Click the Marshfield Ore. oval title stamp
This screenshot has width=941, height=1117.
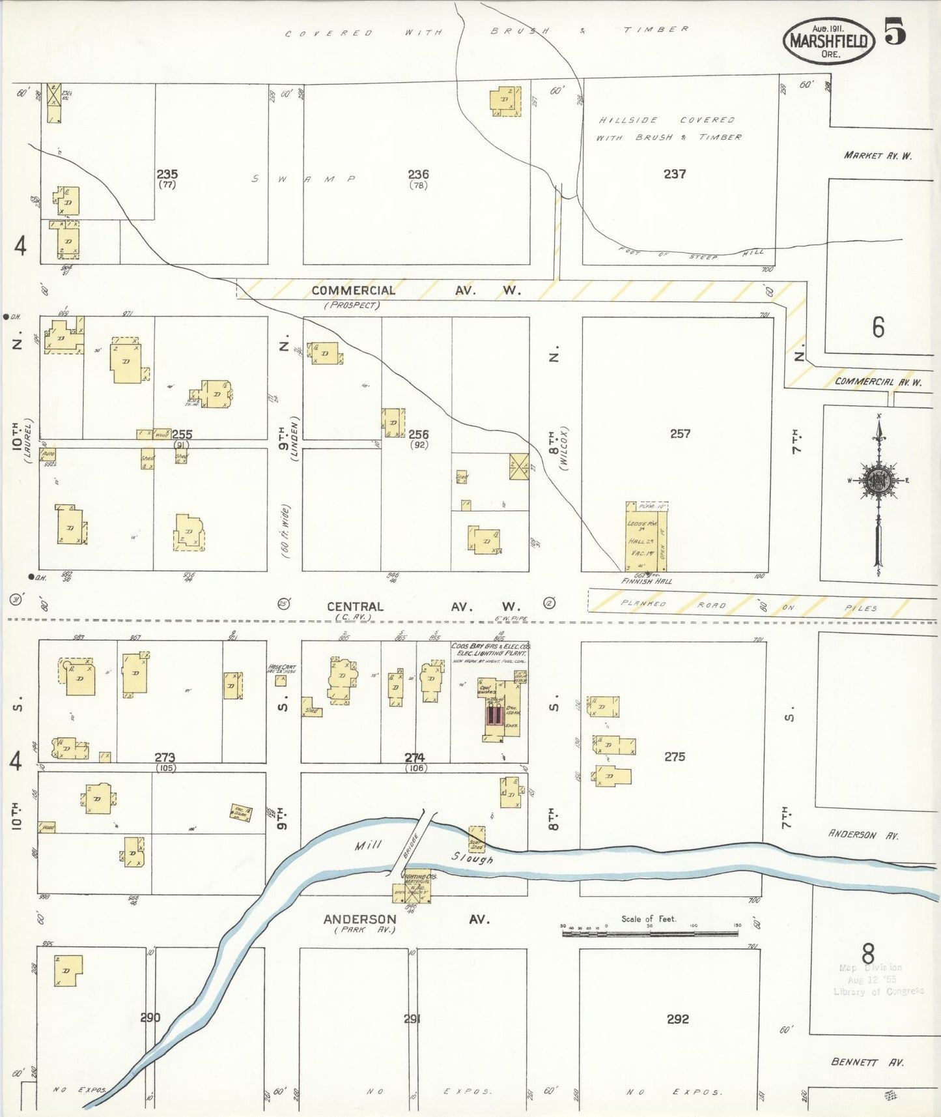(828, 40)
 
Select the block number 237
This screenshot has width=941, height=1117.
(675, 174)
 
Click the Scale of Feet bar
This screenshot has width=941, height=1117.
(649, 933)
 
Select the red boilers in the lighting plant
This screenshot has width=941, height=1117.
(494, 715)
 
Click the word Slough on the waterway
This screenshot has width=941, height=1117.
(472, 858)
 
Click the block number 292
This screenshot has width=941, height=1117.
(677, 1019)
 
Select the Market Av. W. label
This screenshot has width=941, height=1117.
(877, 155)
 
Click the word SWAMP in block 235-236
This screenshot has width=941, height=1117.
(303, 179)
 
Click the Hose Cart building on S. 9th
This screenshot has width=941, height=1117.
(281, 680)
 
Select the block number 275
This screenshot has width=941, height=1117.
(675, 757)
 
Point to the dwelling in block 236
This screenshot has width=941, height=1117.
(505, 101)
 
